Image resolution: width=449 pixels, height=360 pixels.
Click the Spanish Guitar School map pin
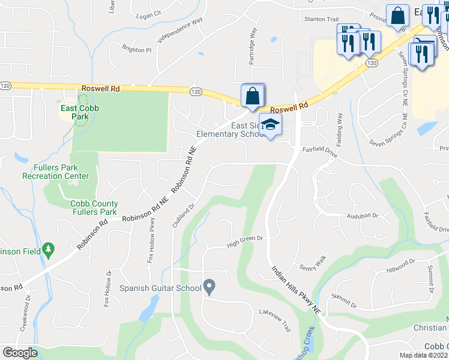(209, 287)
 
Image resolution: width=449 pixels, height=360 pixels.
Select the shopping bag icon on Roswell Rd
(253, 96)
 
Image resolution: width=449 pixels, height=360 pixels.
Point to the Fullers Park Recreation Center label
(55, 172)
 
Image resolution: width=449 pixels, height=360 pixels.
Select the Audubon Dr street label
(362, 215)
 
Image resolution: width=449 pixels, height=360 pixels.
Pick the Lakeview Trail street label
(274, 312)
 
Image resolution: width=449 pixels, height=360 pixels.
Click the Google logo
(20, 353)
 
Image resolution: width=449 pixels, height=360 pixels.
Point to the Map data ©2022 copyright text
(424, 355)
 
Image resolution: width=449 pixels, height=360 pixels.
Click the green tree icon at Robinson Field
(48, 248)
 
